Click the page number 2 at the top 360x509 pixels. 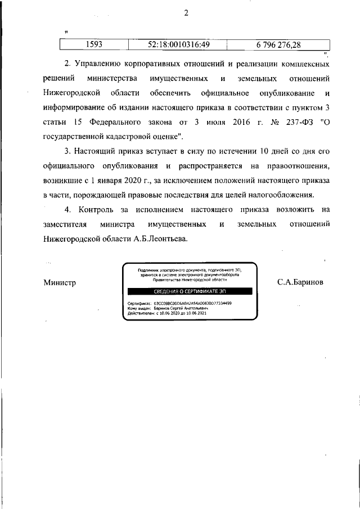186,13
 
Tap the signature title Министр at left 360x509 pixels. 60,283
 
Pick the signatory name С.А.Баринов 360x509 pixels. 300,283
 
